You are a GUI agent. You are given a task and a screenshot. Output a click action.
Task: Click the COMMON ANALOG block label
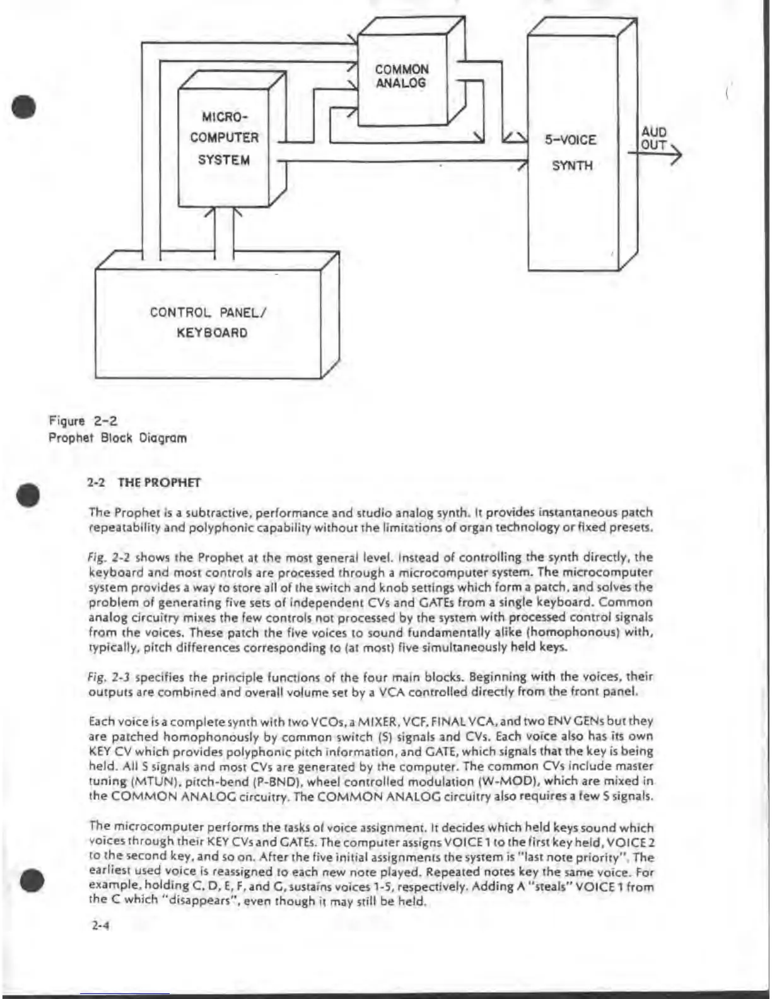[402, 76]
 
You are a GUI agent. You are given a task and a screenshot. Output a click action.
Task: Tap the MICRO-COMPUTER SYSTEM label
[225, 138]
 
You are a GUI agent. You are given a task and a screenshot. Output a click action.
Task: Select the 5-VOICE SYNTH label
[571, 153]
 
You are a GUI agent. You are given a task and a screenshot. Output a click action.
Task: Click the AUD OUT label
[653, 139]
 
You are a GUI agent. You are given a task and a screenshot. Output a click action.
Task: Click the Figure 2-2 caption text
[83, 421]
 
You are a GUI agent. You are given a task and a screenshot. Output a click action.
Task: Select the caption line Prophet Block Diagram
[118, 438]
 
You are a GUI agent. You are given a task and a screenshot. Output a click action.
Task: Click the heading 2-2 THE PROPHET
[144, 483]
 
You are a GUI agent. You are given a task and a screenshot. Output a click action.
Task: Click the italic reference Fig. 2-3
[110, 677]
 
